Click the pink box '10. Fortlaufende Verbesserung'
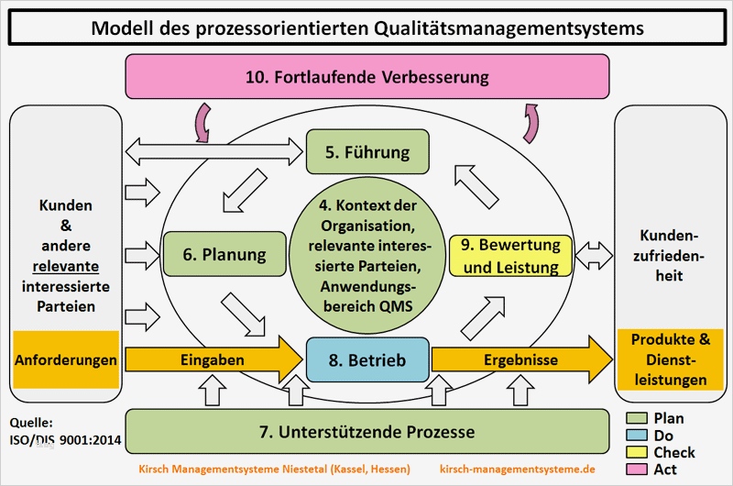coord(366,76)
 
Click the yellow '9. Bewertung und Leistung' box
coord(511,256)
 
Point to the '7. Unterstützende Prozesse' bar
coord(366,431)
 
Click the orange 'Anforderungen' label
coord(66,360)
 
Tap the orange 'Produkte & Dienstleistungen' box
coord(670,359)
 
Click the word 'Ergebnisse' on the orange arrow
coord(521,360)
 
